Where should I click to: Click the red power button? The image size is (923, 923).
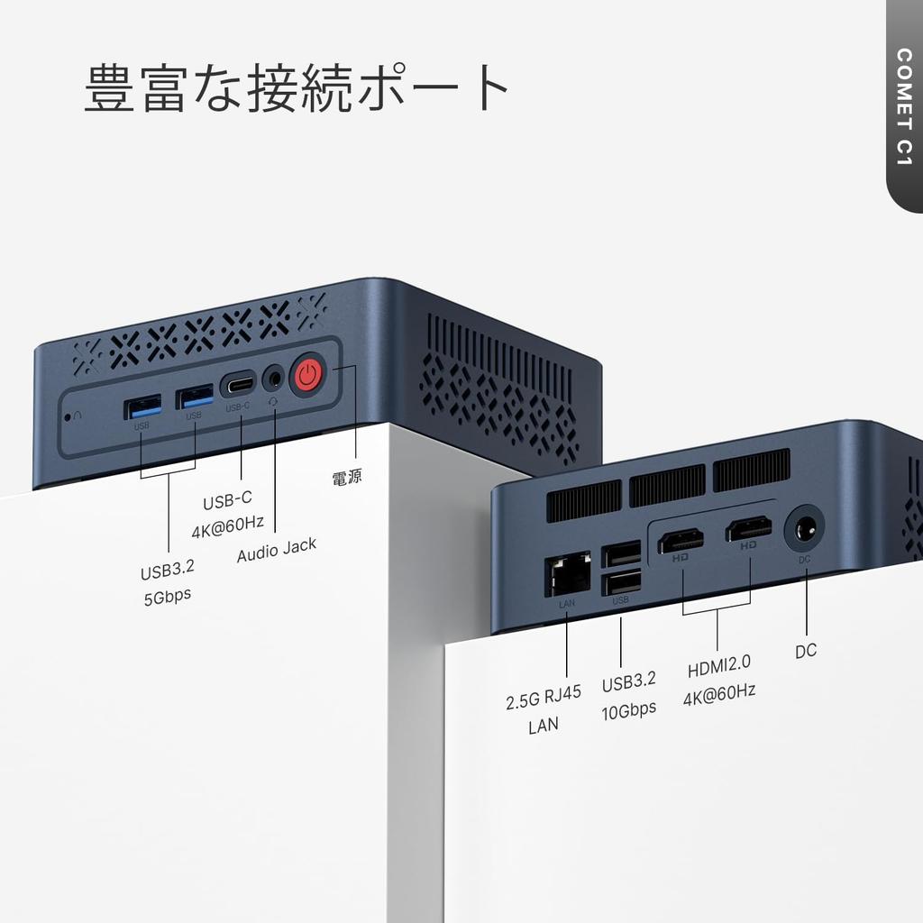pyautogui.click(x=307, y=375)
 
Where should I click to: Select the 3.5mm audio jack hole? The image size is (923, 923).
pyautogui.click(x=273, y=379)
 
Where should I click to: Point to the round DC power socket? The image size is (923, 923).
pyautogui.click(x=804, y=528)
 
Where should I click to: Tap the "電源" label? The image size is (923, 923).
pyautogui.click(x=347, y=477)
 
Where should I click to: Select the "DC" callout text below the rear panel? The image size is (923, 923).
pyautogui.click(x=806, y=651)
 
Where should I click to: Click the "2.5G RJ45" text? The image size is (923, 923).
pyautogui.click(x=544, y=697)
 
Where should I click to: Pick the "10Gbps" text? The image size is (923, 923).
pyautogui.click(x=629, y=709)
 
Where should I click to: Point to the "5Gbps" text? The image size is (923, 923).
pyautogui.click(x=168, y=596)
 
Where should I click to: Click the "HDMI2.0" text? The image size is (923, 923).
pyautogui.click(x=719, y=668)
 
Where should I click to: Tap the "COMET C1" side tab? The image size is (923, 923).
pyautogui.click(x=904, y=106)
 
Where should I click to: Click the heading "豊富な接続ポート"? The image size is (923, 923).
pyautogui.click(x=297, y=88)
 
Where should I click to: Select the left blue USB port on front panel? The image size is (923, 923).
pyautogui.click(x=142, y=406)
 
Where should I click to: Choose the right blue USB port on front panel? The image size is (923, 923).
pyautogui.click(x=195, y=396)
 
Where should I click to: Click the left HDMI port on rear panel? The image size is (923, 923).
pyautogui.click(x=681, y=543)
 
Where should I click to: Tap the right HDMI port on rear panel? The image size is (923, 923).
pyautogui.click(x=749, y=529)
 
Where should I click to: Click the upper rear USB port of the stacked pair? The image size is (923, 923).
pyautogui.click(x=621, y=553)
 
